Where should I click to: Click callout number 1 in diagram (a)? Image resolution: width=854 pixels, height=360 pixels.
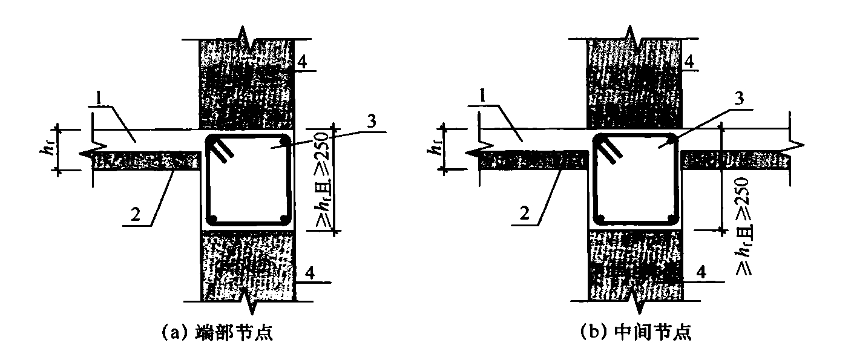(x=99, y=99)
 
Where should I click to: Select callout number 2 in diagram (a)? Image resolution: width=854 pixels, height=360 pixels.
(x=136, y=214)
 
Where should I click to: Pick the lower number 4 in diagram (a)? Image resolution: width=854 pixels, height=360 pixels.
(x=310, y=273)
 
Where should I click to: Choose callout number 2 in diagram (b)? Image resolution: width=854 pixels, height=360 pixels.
(x=525, y=214)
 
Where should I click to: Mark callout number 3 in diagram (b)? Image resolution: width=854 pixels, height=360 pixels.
(x=739, y=99)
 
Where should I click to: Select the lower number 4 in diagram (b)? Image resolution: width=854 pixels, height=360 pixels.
(x=701, y=272)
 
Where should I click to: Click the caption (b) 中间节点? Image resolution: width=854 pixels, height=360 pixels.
(x=636, y=332)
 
